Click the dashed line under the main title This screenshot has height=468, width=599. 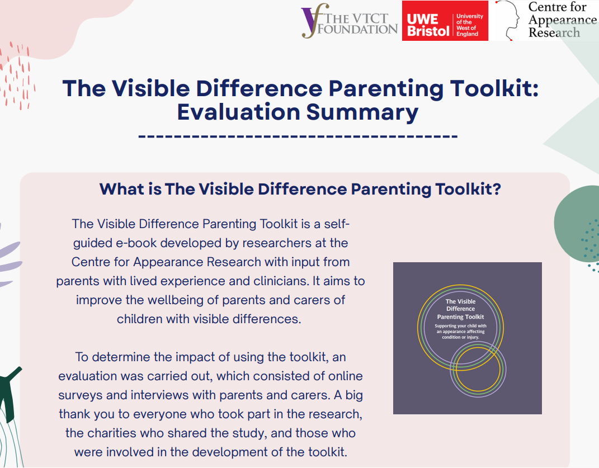tap(298, 136)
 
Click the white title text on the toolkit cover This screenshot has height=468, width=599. tap(461, 309)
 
